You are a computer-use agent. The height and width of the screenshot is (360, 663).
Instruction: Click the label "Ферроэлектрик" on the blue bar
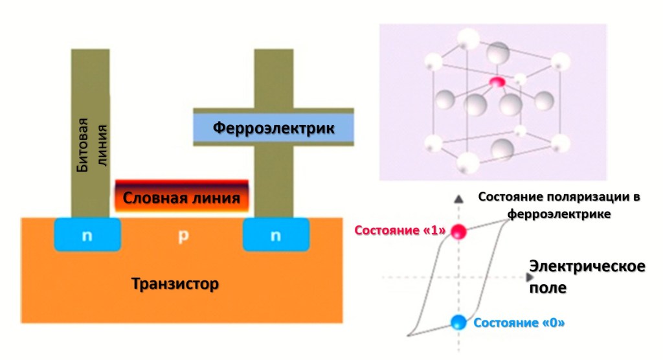pos(273,128)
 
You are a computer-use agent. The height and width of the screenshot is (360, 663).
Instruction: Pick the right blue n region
pos(276,235)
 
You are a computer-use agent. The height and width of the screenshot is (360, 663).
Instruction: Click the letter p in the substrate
pos(183,236)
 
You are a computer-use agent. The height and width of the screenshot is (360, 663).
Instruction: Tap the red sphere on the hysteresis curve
pos(459,231)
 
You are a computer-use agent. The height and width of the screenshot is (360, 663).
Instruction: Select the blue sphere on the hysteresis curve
pos(458,321)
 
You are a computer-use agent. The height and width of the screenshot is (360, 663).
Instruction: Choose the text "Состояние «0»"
pos(519,322)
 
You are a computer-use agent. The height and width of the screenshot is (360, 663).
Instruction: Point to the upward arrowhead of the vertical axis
pos(458,197)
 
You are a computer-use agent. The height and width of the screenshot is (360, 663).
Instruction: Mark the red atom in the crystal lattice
pos(497,82)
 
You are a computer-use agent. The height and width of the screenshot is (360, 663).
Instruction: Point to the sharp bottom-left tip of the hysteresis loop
pos(409,335)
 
